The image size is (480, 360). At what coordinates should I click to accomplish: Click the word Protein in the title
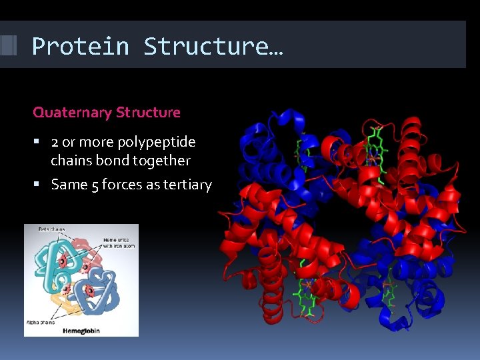coord(80,47)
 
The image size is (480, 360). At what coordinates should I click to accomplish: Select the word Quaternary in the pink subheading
coord(72,113)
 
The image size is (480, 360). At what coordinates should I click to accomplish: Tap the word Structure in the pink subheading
coord(148,113)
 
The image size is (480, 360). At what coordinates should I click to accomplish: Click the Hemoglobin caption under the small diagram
coord(81,330)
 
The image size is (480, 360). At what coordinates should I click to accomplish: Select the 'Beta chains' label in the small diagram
coord(51,230)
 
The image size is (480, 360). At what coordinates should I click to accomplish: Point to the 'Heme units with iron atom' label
coord(119,243)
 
